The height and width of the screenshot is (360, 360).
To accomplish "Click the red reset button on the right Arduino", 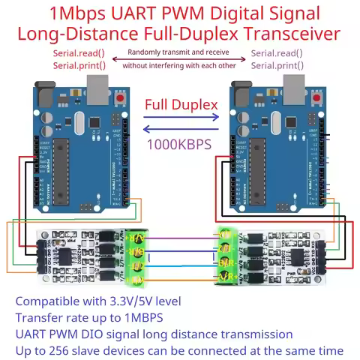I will [x=320, y=100].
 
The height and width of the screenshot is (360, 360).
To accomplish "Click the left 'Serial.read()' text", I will [x=79, y=53].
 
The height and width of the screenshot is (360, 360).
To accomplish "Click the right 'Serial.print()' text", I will [x=277, y=65].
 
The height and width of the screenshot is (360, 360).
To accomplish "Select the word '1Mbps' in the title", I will [x=78, y=13].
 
